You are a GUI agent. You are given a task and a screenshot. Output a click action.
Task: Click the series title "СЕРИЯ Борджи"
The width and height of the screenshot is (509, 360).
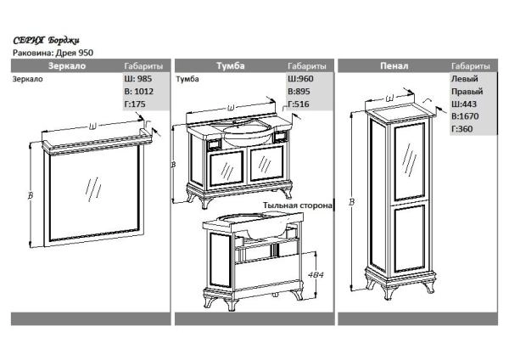pyautogui.click(x=46, y=41)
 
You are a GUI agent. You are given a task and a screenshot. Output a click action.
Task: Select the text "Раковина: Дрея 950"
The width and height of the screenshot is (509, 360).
pyautogui.click(x=53, y=53)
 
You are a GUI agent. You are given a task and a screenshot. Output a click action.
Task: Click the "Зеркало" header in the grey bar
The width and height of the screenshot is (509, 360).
pyautogui.click(x=67, y=66)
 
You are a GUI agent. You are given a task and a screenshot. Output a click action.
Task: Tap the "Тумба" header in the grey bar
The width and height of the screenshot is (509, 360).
pyautogui.click(x=231, y=66)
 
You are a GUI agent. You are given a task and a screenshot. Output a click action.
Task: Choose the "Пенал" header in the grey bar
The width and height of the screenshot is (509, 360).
pyautogui.click(x=394, y=66)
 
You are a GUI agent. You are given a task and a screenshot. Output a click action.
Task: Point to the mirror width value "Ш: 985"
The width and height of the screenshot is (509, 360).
pyautogui.click(x=138, y=79)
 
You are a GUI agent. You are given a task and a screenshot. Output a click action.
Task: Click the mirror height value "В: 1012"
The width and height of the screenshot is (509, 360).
pyautogui.click(x=138, y=92)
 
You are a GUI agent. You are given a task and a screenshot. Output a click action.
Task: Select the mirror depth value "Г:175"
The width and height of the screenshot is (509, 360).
pyautogui.click(x=135, y=104)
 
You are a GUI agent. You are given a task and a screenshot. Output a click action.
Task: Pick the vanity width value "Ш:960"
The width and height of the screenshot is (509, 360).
pyautogui.click(x=300, y=79)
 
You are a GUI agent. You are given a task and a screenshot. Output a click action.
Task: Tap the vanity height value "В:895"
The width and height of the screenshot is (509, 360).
pyautogui.click(x=299, y=92)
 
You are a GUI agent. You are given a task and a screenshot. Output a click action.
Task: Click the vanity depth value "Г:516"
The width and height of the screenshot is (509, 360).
pyautogui.click(x=299, y=104)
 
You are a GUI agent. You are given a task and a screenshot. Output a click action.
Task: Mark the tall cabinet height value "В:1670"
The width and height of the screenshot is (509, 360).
pyautogui.click(x=465, y=116)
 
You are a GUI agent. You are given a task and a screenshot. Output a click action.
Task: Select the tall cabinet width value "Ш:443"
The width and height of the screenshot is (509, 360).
pyautogui.click(x=464, y=104)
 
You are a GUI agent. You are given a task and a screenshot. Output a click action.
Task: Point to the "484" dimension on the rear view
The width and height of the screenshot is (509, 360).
pyautogui.click(x=316, y=275)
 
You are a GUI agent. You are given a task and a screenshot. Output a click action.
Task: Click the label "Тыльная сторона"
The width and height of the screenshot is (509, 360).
pyautogui.click(x=298, y=205)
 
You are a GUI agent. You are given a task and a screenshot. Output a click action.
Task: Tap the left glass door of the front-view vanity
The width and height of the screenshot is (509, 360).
pyautogui.click(x=227, y=168)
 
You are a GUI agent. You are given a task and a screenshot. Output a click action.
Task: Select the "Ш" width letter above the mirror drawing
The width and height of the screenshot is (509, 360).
pyautogui.click(x=92, y=126)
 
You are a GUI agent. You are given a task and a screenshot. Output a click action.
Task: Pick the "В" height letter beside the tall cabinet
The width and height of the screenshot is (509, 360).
pyautogui.click(x=351, y=202)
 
